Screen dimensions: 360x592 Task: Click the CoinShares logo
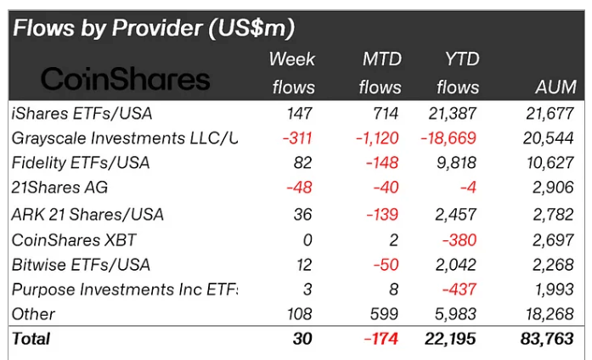125,79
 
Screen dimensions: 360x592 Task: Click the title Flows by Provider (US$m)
153,28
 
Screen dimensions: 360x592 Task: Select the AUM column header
556,87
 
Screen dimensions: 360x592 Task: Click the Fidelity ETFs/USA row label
81,162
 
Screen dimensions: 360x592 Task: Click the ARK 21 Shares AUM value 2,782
555,214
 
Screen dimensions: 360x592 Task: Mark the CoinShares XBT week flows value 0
307,239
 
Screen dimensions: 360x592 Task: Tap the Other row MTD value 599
384,314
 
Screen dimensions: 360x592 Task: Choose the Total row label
31,339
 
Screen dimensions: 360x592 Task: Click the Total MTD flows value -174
380,339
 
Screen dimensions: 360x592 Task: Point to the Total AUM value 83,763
549,339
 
